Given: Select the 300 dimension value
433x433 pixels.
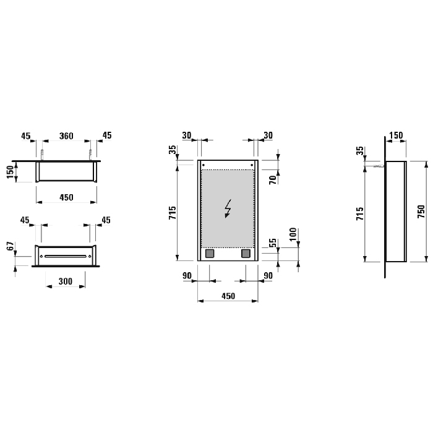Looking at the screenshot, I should point(66,281).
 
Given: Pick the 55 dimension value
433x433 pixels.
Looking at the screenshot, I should point(272,244).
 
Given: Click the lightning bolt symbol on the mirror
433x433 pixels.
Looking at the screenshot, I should point(228,208).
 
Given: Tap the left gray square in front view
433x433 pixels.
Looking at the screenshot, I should point(210,253).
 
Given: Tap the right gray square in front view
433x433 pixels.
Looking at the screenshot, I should point(246,253).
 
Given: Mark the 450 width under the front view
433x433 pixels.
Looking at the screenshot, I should point(228,296).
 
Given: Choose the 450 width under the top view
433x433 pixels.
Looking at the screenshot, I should point(66,197).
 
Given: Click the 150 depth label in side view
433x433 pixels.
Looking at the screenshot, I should point(395,135).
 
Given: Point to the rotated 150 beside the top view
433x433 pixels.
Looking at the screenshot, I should point(11,171).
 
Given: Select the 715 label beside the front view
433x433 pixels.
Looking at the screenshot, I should point(173,213).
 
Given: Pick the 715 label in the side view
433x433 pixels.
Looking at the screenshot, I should point(360,213).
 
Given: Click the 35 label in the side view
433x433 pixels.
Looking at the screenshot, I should point(360,151).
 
